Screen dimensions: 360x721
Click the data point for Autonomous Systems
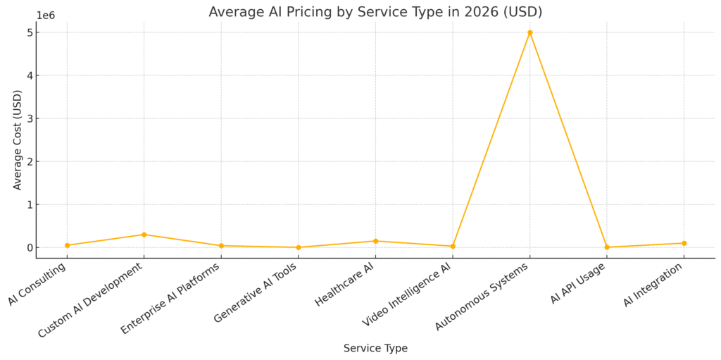click(x=529, y=32)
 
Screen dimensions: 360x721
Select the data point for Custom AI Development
click(x=144, y=235)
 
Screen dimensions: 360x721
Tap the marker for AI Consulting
click(x=67, y=245)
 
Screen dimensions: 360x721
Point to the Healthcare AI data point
click(x=375, y=241)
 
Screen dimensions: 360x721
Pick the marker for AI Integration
click(x=684, y=243)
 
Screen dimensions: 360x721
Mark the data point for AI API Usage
click(x=607, y=247)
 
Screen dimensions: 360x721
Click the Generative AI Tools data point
click(x=299, y=247)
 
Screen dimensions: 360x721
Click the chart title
click(x=375, y=12)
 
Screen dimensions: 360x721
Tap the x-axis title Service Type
click(x=375, y=348)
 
